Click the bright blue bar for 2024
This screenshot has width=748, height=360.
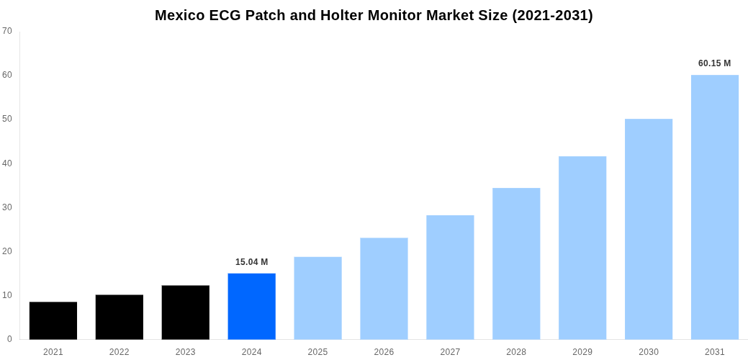[x=251, y=306]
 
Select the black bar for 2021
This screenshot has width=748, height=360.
[x=53, y=320]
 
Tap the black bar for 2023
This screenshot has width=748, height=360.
[x=185, y=312]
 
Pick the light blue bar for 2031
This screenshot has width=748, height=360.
[x=714, y=207]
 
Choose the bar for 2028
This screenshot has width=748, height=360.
[x=516, y=264]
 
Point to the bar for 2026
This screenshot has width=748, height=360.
[x=384, y=288]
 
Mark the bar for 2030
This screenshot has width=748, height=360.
[x=648, y=229]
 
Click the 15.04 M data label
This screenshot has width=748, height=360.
[x=251, y=262]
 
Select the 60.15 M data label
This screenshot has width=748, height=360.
[x=714, y=63]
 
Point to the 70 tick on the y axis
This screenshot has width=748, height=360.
[x=7, y=31]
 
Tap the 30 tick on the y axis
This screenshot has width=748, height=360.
[x=7, y=207]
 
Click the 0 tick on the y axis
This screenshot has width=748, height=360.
[x=9, y=339]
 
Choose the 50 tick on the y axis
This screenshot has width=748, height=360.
[x=7, y=119]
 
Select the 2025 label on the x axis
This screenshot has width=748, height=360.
[x=317, y=352]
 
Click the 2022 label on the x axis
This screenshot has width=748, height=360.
[x=120, y=352]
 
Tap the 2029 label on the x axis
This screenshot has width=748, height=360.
[x=582, y=352]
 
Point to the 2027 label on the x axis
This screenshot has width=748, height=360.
[x=450, y=352]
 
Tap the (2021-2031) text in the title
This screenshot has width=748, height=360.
[x=552, y=15]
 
